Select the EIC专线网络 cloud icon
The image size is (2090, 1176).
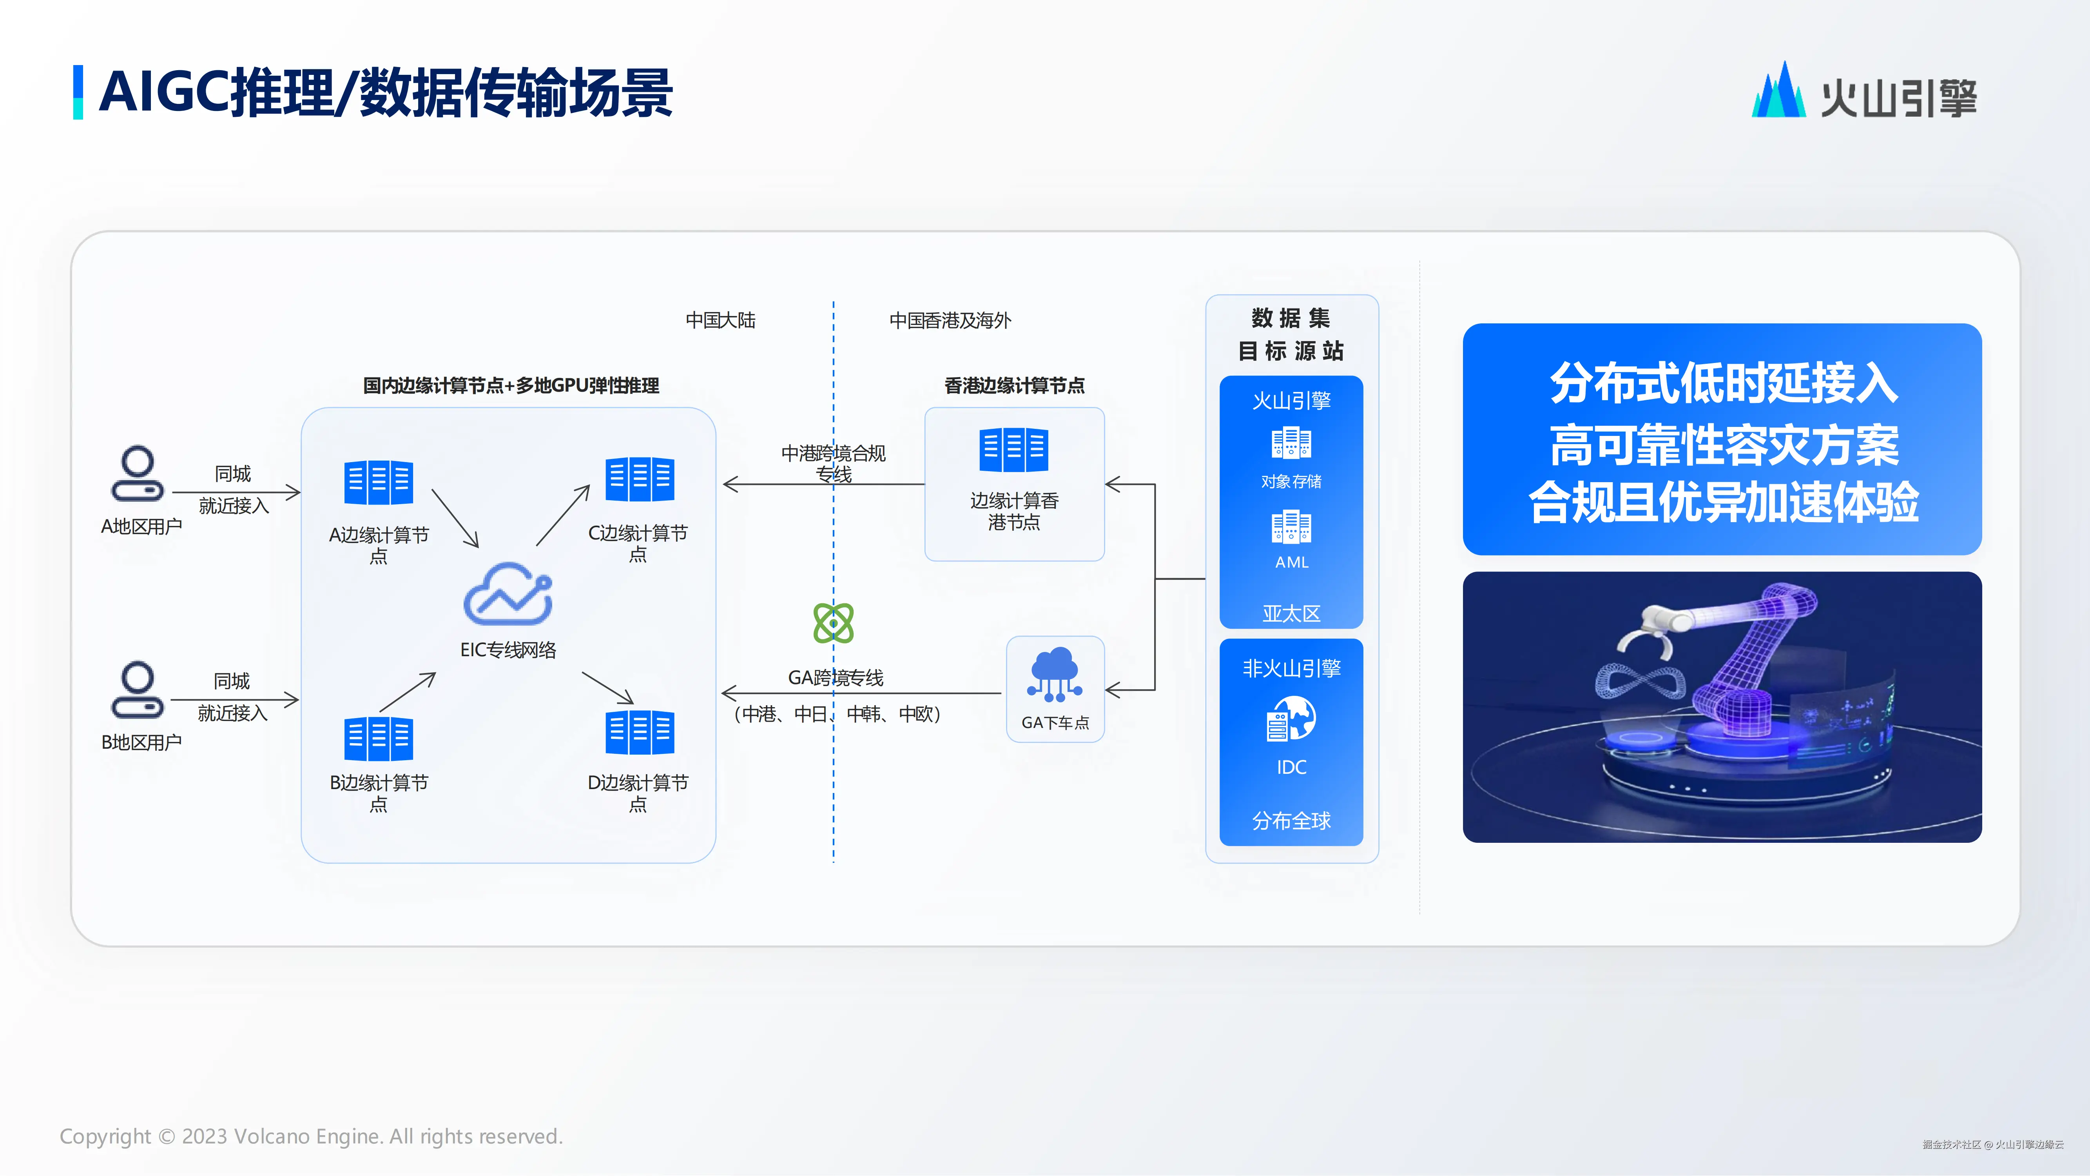click(x=508, y=595)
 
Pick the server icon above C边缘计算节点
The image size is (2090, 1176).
click(x=639, y=479)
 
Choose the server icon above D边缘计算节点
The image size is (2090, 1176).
click(x=639, y=732)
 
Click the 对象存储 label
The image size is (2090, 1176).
click(x=1291, y=481)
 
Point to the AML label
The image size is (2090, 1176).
click(x=1291, y=562)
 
